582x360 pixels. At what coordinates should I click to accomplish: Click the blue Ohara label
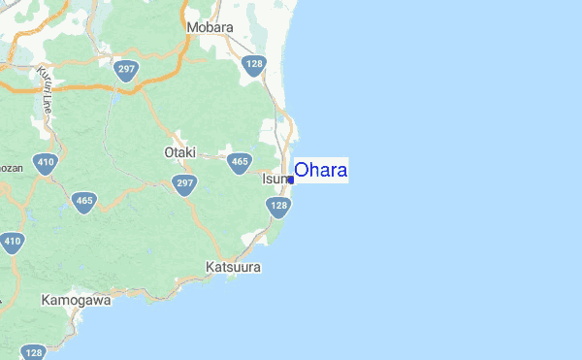(321, 171)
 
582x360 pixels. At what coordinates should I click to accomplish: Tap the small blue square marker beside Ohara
(291, 180)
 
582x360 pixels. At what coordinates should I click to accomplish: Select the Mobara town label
(210, 27)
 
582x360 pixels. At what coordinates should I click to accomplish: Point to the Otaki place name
(180, 152)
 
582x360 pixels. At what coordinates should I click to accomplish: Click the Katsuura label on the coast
(234, 266)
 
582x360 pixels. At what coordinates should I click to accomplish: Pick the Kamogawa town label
(76, 300)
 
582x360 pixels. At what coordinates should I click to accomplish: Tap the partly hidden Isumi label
(275, 180)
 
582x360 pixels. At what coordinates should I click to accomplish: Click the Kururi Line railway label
(46, 86)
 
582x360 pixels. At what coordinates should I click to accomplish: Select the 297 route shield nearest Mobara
(126, 70)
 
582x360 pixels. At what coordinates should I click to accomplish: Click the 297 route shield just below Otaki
(184, 183)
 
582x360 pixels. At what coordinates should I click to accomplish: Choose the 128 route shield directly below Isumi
(278, 206)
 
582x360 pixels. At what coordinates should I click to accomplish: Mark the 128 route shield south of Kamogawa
(35, 352)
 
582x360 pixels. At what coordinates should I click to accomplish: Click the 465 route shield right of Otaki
(240, 163)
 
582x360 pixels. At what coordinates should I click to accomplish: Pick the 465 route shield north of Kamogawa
(83, 202)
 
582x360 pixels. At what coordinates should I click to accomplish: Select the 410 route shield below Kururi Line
(45, 165)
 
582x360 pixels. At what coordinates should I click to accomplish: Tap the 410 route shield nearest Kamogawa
(12, 241)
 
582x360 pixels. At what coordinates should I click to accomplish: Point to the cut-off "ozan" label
(10, 167)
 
